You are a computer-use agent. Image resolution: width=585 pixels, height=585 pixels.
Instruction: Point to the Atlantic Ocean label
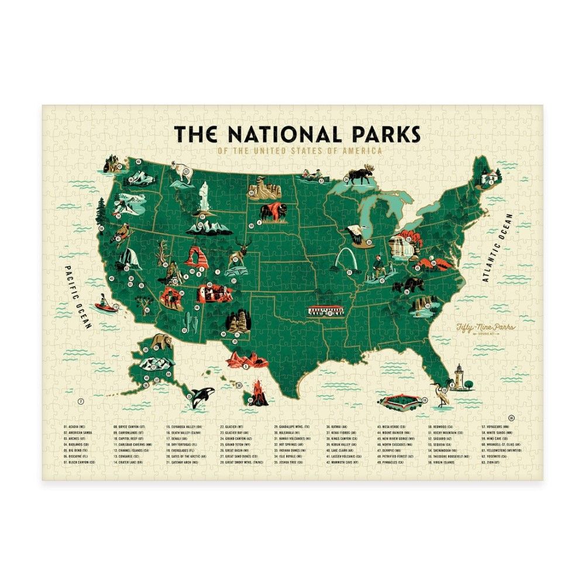click(498, 248)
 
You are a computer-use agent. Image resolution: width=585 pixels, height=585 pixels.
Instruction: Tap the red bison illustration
click(270, 212)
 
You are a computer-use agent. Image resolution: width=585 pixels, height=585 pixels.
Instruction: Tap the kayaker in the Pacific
click(105, 303)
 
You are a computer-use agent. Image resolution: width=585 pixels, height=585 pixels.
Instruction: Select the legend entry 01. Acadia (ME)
click(74, 428)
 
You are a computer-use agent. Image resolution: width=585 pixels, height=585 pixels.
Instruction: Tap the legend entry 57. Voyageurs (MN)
click(498, 428)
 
